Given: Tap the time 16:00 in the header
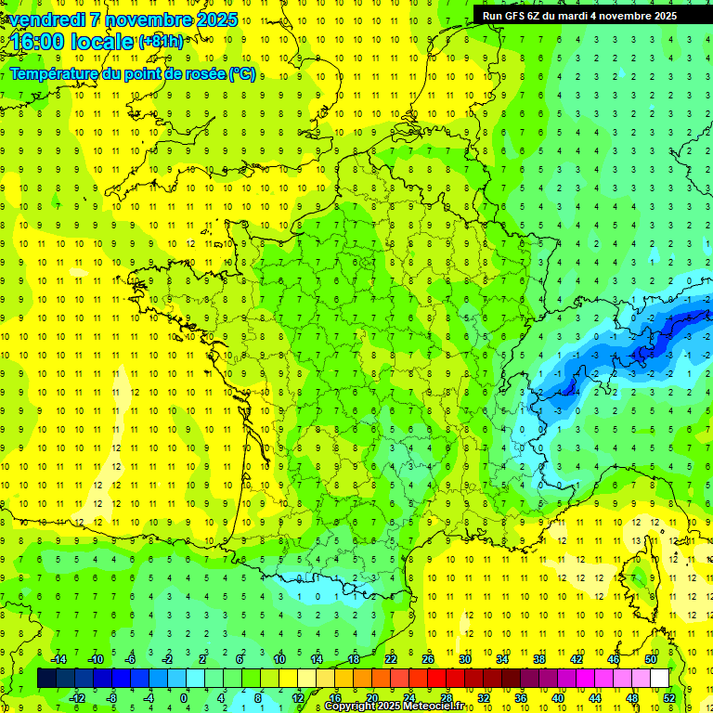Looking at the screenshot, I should coord(41,42).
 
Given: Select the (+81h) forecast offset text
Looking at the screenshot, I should coord(161,42).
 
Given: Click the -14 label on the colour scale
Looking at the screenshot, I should coord(58,659).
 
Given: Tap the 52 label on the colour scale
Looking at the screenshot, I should coord(668,697).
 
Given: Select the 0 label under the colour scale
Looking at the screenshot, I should coord(183,697).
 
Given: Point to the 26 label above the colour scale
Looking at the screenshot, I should coord(428,659).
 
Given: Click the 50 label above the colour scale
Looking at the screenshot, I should coord(651,659).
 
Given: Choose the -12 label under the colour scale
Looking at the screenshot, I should coord(77,697).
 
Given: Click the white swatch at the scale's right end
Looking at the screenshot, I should coord(659,678).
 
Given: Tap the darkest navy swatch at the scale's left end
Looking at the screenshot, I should coord(46,678).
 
